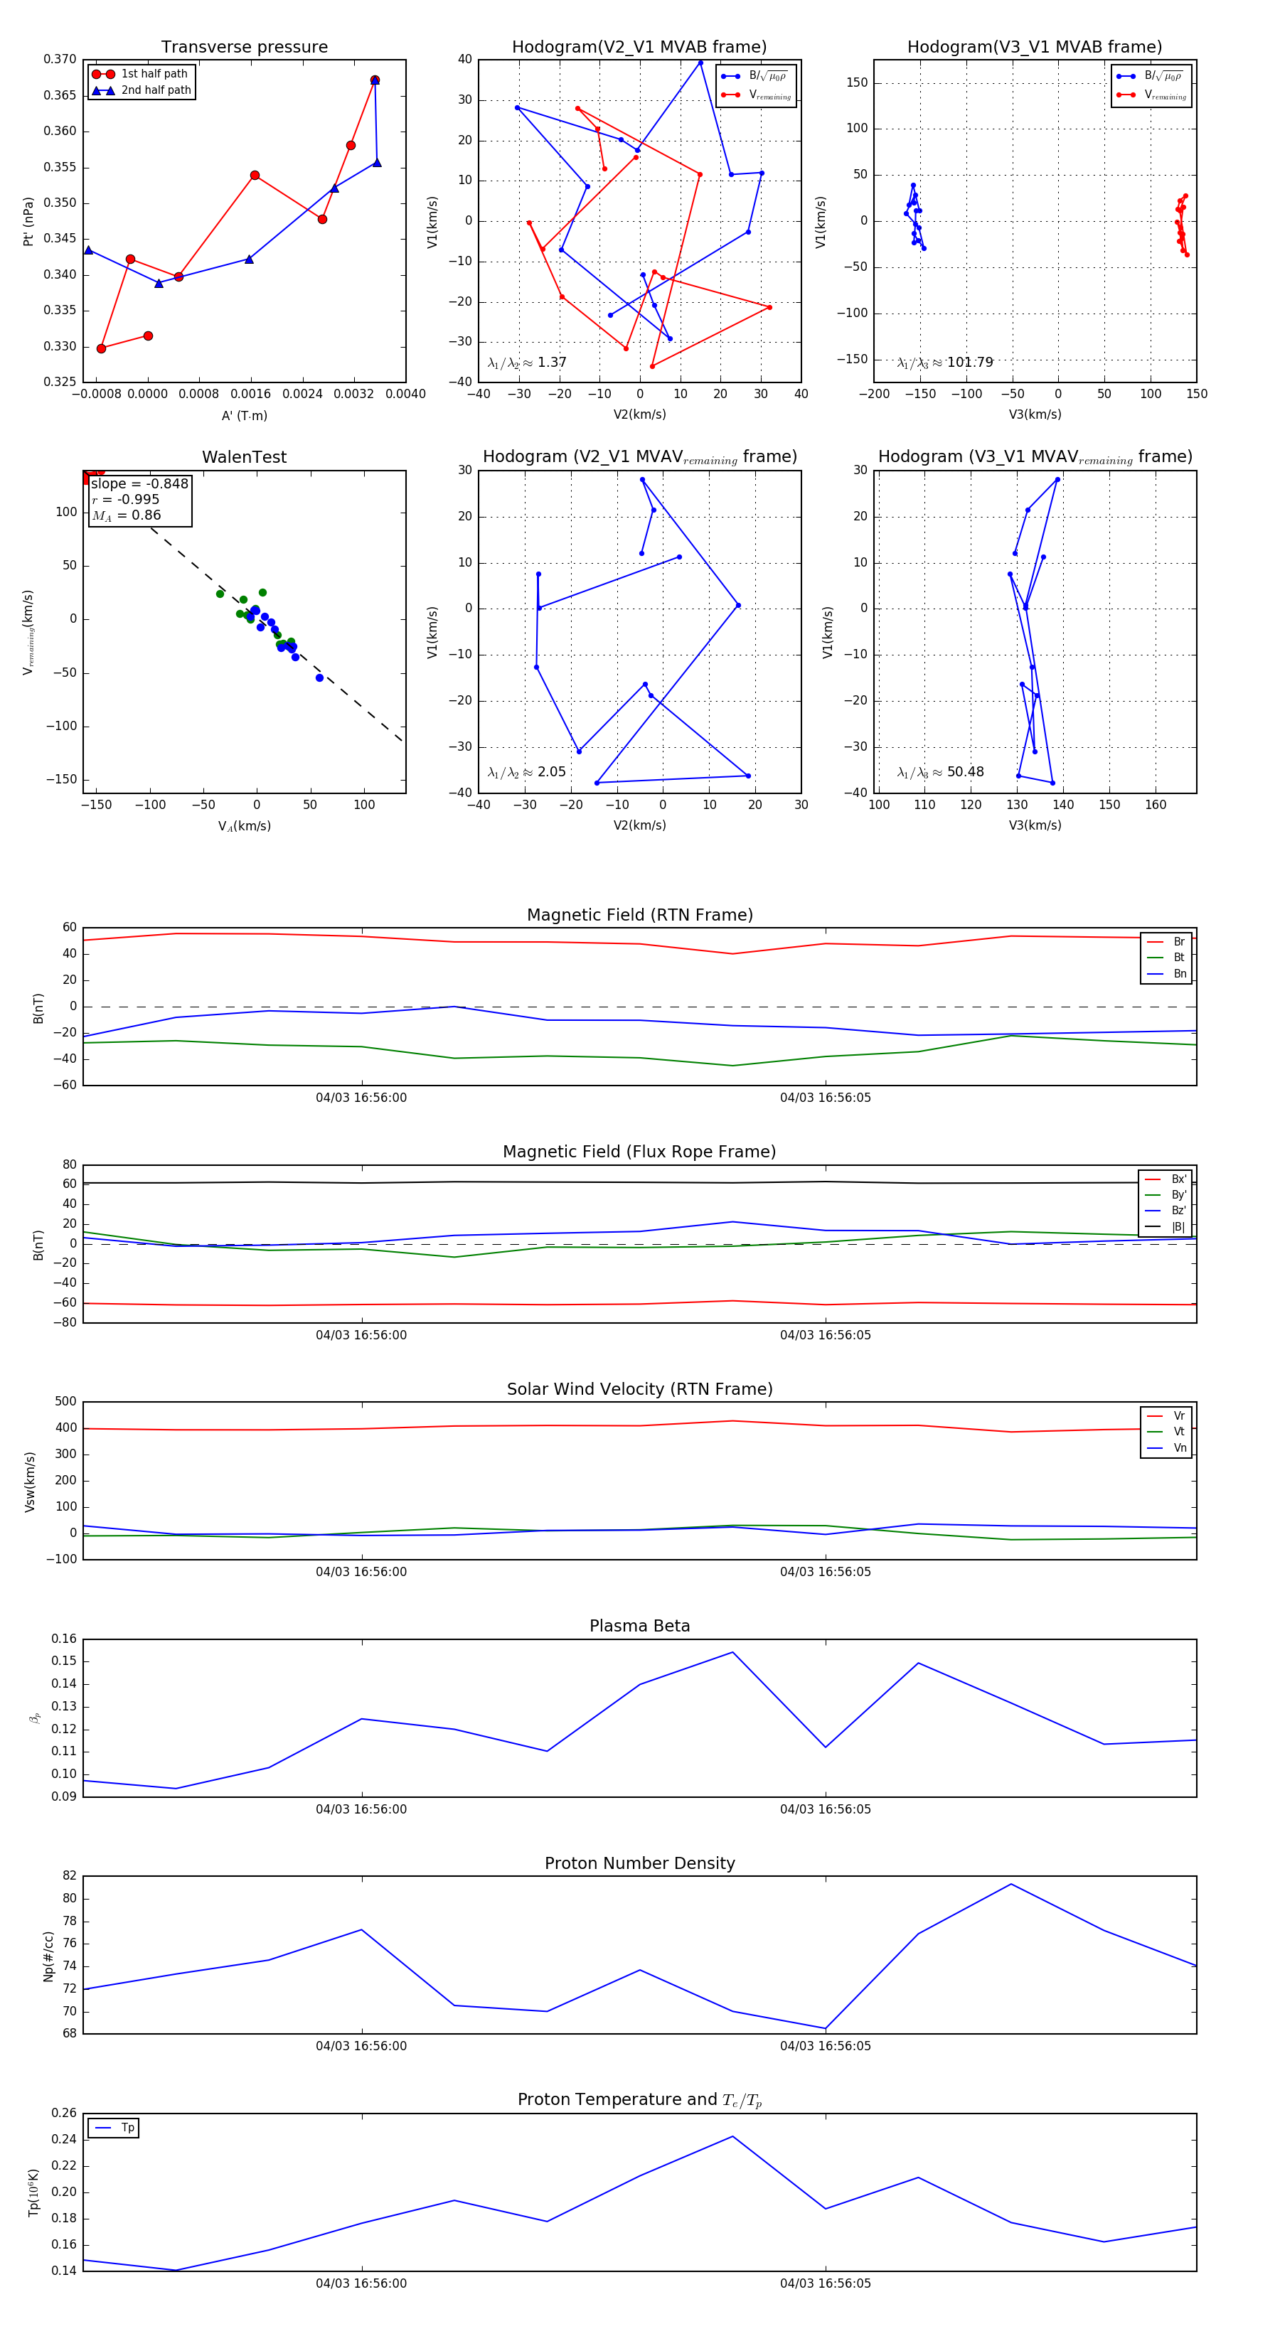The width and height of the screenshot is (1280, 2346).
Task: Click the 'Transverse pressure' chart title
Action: pyautogui.click(x=244, y=48)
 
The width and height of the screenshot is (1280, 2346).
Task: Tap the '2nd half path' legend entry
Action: pyautogui.click(x=156, y=90)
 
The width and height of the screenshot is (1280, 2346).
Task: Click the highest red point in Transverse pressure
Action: pyautogui.click(x=375, y=80)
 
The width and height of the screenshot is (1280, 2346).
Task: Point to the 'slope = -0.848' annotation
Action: pyautogui.click(x=139, y=483)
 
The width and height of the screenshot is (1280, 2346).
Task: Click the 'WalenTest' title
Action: pyautogui.click(x=244, y=457)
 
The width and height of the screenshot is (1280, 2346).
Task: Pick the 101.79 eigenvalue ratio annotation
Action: pyautogui.click(x=945, y=363)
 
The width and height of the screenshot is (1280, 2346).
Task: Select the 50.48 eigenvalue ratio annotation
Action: pyautogui.click(x=940, y=772)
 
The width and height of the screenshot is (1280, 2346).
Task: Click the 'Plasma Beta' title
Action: pyautogui.click(x=639, y=1626)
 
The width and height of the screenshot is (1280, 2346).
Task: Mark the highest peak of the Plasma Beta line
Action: pyautogui.click(x=732, y=1652)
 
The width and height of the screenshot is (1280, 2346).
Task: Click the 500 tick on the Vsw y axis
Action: pyautogui.click(x=65, y=1402)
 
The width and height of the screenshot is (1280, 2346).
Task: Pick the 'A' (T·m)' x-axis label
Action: pyautogui.click(x=244, y=415)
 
